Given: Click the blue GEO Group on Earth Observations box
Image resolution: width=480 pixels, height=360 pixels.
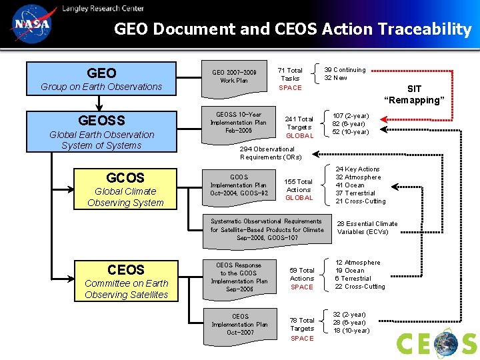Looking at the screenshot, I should (101, 79).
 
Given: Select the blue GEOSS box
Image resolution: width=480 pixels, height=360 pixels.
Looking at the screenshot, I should (101, 131).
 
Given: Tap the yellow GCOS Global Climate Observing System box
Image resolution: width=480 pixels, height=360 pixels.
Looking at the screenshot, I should (125, 189).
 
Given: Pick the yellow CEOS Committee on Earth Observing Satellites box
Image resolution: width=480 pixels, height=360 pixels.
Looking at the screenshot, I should (126, 281).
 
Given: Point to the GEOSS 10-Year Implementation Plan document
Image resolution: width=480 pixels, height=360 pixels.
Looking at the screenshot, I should (238, 123).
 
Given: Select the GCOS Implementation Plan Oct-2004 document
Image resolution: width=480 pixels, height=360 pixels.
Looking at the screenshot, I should (238, 186).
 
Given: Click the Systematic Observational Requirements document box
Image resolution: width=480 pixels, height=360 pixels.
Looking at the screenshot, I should (267, 229).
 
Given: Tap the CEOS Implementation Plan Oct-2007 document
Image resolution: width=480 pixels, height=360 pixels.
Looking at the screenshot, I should (240, 325).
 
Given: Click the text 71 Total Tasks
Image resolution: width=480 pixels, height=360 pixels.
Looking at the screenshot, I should (290, 74).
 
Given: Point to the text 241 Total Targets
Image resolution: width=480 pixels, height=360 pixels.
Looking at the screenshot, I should (299, 123).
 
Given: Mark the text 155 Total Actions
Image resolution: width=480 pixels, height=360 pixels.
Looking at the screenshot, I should (299, 185).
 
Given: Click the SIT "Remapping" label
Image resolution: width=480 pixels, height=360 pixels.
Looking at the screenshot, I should (414, 95).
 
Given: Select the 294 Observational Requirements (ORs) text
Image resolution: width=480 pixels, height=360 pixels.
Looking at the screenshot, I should (271, 153).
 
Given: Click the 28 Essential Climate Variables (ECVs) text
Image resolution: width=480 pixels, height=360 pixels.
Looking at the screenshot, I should (367, 228).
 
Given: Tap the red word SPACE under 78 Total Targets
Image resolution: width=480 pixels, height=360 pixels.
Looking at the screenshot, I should (302, 339).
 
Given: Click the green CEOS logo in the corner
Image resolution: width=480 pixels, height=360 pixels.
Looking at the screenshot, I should (437, 343).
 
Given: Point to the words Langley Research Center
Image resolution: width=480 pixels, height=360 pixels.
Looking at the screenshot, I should (103, 8).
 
